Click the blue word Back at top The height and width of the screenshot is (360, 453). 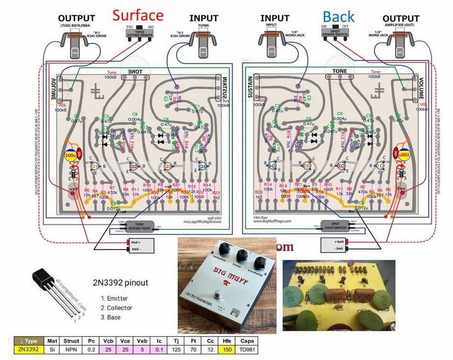tap(339, 17)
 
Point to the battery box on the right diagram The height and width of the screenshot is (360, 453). tap(340, 245)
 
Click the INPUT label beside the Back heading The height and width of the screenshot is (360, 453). tap(275, 18)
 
